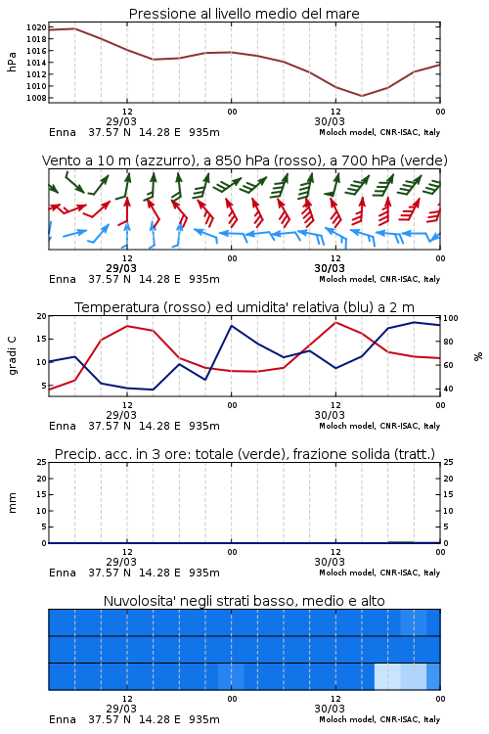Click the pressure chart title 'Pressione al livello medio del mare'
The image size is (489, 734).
pyautogui.click(x=244, y=14)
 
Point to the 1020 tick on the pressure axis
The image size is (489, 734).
pyautogui.click(x=36, y=27)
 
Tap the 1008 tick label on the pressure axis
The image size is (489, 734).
pyautogui.click(x=36, y=98)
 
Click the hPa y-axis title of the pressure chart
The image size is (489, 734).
pyautogui.click(x=12, y=63)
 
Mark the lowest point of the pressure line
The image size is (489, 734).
pyautogui.click(x=361, y=96)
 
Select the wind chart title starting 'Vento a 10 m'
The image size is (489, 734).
pyautogui.click(x=244, y=161)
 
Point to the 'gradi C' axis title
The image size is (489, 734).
pyautogui.click(x=12, y=356)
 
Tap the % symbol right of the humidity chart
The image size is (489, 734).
pyautogui.click(x=478, y=356)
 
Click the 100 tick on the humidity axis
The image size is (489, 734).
pyautogui.click(x=450, y=318)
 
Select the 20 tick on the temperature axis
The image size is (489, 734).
pyautogui.click(x=42, y=316)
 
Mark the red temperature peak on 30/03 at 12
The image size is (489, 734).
pyautogui.click(x=335, y=322)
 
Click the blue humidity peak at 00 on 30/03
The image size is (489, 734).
pyautogui.click(x=231, y=325)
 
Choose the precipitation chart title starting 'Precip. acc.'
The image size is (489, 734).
pyautogui.click(x=244, y=454)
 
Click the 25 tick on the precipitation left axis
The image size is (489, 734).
pyautogui.click(x=42, y=462)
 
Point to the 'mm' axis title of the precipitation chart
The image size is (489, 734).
pyautogui.click(x=12, y=503)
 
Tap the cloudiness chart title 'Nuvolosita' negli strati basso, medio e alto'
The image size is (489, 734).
pyautogui.click(x=244, y=601)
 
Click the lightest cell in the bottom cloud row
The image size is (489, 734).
pyautogui.click(x=387, y=676)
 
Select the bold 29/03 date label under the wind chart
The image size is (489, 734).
pyautogui.click(x=121, y=269)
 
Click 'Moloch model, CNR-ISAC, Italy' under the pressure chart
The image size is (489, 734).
pyautogui.click(x=379, y=132)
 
